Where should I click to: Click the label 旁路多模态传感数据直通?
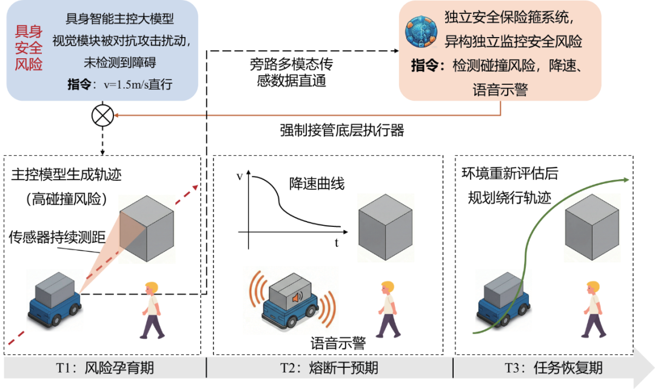(x=291, y=72)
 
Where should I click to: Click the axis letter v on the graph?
(x=239, y=176)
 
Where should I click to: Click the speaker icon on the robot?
(x=297, y=298)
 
